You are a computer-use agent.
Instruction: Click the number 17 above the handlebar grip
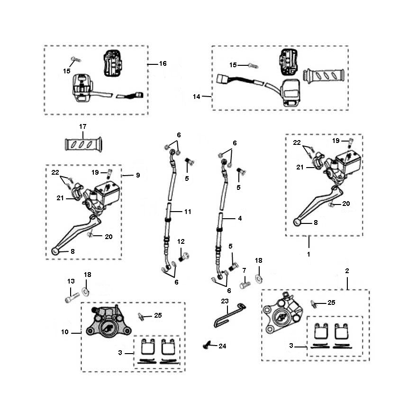(x=83, y=127)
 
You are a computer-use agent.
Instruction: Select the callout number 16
(x=163, y=63)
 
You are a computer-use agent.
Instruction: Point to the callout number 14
(x=197, y=97)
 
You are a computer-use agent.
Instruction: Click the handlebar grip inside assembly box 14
(x=324, y=75)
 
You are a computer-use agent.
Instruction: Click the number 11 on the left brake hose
(x=188, y=212)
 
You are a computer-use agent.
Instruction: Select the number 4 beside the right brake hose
(x=240, y=219)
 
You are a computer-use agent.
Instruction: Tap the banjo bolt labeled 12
(x=184, y=256)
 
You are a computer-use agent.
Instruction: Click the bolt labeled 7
(x=245, y=285)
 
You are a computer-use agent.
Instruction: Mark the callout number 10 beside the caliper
(x=65, y=332)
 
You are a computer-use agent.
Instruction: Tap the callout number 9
(x=137, y=175)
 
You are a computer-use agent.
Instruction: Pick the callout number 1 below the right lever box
(x=309, y=254)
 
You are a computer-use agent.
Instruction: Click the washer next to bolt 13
(x=87, y=291)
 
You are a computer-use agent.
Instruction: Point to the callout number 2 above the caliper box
(x=347, y=271)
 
